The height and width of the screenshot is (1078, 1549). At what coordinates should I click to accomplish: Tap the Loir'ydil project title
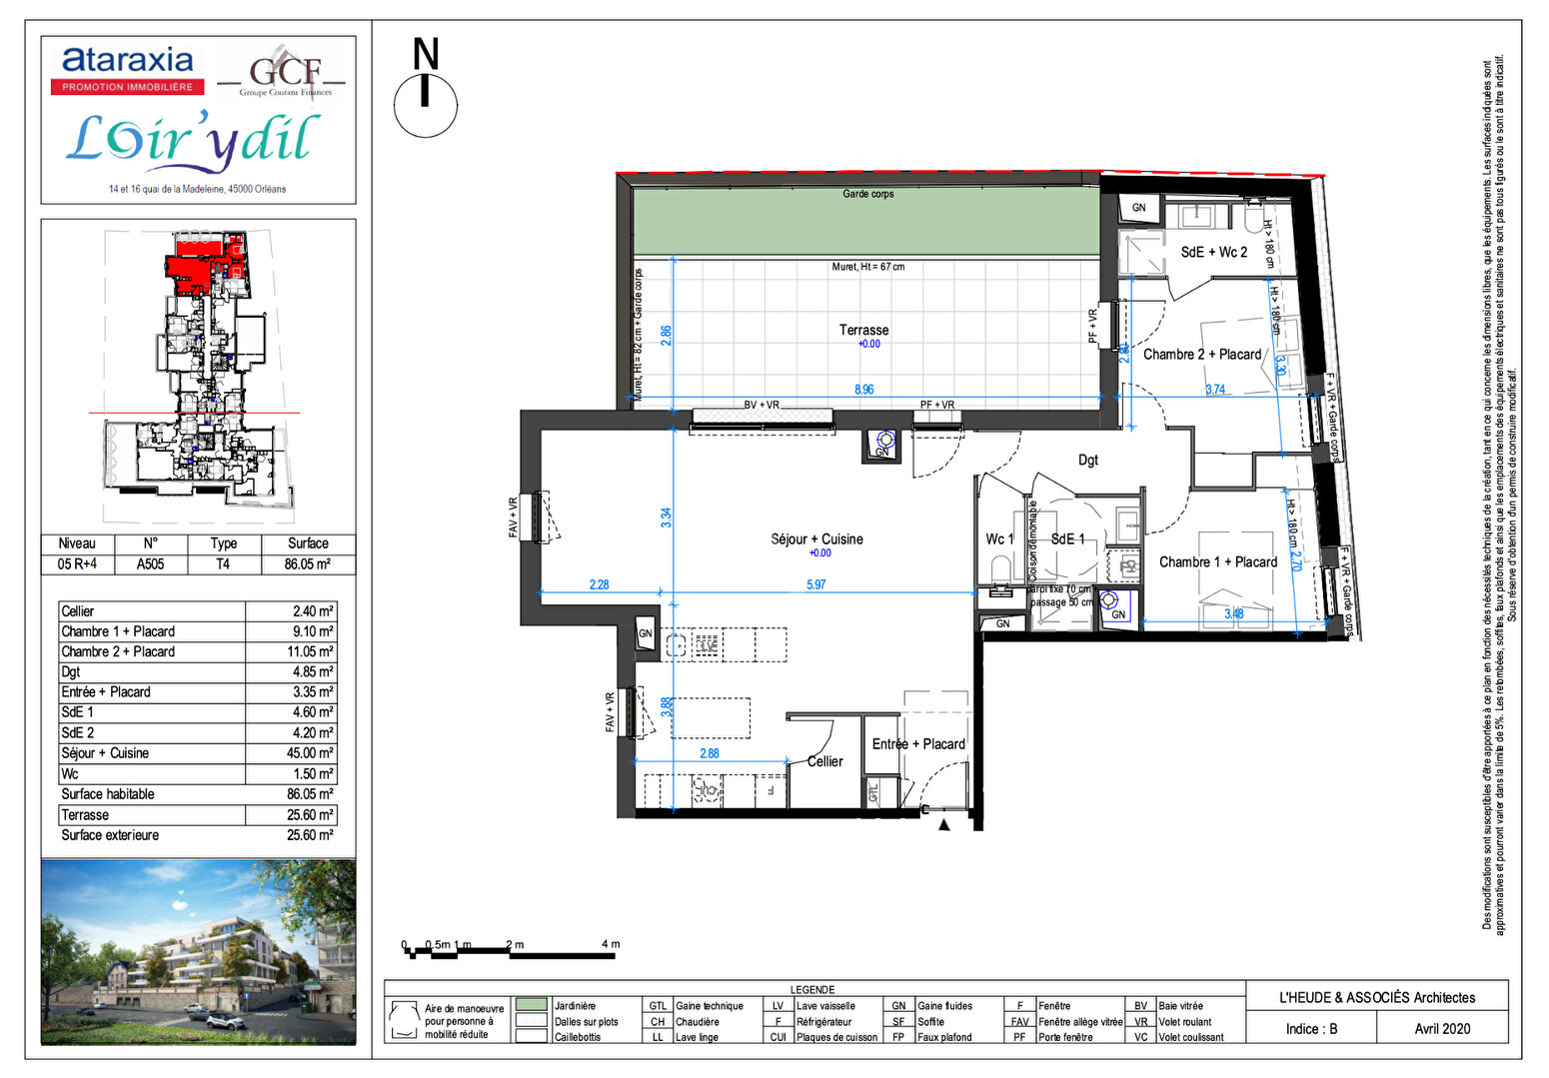(x=193, y=140)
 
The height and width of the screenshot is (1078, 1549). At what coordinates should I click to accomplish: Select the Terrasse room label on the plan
(x=863, y=330)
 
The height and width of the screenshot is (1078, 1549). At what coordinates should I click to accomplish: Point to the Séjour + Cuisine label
(x=816, y=539)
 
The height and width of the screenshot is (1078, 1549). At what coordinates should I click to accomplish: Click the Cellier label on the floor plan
(x=825, y=761)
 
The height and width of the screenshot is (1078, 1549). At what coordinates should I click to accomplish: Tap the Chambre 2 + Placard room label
(x=1201, y=354)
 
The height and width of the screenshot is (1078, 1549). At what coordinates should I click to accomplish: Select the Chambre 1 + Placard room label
(x=1217, y=561)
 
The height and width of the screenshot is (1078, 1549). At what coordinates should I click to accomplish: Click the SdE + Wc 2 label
(x=1213, y=252)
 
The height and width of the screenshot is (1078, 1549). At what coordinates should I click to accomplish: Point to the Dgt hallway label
(x=1087, y=460)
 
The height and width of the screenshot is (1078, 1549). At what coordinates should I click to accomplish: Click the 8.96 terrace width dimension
(x=863, y=390)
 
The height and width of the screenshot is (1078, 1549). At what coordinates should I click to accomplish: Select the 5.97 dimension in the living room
(x=816, y=584)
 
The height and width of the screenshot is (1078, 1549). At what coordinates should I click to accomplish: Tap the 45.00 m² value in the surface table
(x=310, y=753)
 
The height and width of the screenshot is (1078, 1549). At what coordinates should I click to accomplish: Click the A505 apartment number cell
(x=150, y=563)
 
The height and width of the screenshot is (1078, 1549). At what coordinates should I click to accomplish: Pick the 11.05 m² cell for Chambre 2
(x=310, y=651)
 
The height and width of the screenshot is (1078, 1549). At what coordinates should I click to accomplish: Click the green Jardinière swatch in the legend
(x=532, y=1005)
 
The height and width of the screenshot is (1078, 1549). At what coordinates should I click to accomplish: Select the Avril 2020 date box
(x=1441, y=1028)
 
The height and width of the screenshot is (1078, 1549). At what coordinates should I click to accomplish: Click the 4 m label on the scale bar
(x=610, y=944)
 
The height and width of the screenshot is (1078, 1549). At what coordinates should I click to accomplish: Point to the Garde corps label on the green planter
(x=867, y=194)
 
